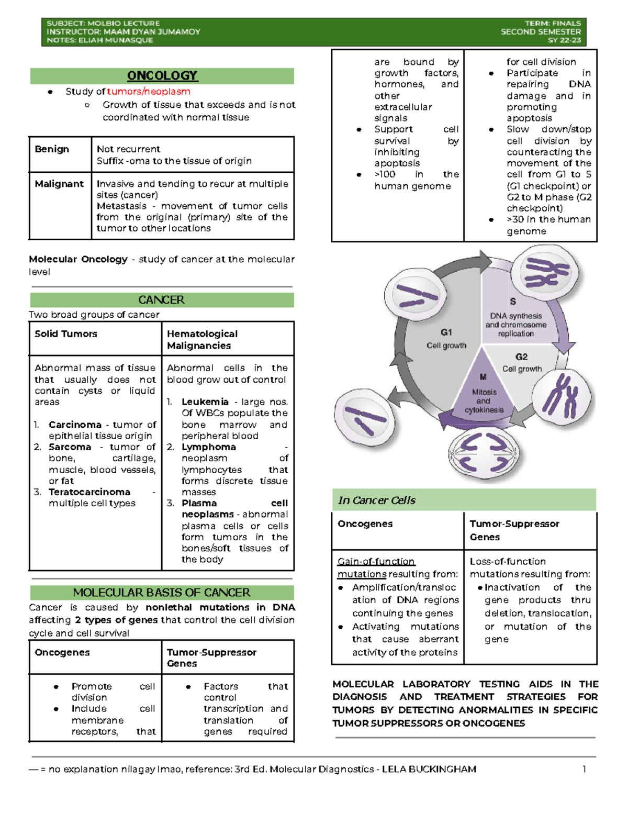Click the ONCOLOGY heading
[162, 76]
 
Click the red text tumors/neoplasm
[149, 92]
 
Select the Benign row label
[52, 149]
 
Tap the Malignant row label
[59, 184]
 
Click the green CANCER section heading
[161, 300]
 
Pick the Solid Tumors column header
[66, 334]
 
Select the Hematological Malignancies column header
[202, 340]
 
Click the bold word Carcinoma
[75, 425]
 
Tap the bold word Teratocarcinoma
[89, 492]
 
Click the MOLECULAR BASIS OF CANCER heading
[162, 593]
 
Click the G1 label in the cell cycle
[446, 332]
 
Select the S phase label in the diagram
[513, 302]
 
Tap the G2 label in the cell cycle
[521, 357]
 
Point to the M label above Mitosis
[483, 377]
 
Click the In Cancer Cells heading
[377, 500]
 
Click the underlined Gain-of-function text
[376, 562]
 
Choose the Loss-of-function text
[508, 562]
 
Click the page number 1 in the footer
[584, 769]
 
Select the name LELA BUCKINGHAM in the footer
[429, 770]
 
